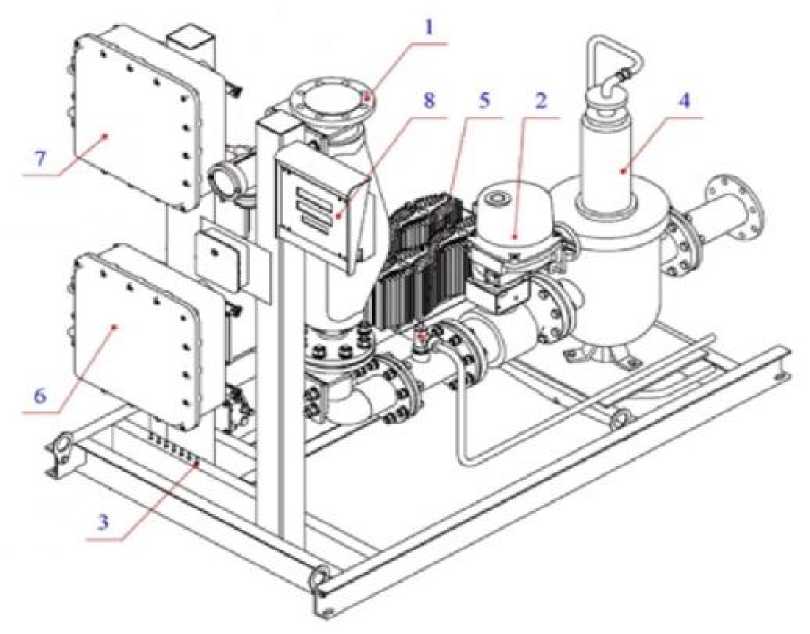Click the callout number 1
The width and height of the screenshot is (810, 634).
pyautogui.click(x=428, y=27)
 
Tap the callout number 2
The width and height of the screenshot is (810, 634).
pyautogui.click(x=540, y=101)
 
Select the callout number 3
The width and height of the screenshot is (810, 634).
pyautogui.click(x=103, y=522)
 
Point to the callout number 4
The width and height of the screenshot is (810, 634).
pyautogui.click(x=683, y=101)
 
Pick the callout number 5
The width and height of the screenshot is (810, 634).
pyautogui.click(x=484, y=101)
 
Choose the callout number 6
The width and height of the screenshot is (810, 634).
pyautogui.click(x=40, y=396)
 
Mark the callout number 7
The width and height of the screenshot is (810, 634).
pyautogui.click(x=41, y=159)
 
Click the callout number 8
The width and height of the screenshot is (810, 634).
pyautogui.click(x=429, y=101)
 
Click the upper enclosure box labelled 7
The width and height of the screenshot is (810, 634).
pyautogui.click(x=134, y=118)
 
